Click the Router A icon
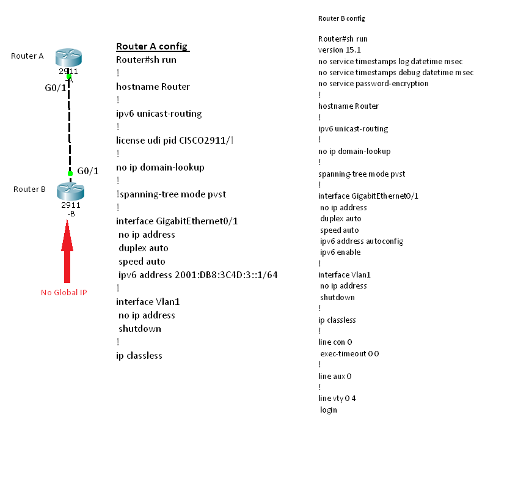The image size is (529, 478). point(68,57)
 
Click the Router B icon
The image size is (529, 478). point(70,191)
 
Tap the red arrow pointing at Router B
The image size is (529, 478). point(67,251)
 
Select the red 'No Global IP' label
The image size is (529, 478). point(64,292)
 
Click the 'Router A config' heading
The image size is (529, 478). point(152,46)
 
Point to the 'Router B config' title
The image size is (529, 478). point(341,18)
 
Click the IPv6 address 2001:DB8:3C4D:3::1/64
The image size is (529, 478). point(226,275)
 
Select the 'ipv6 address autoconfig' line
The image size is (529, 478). point(362,241)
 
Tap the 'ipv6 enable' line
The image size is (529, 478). point(340,252)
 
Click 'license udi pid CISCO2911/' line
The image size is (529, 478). point(175,141)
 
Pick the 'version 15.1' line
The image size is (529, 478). point(340,50)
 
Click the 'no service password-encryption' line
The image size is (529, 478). point(373,83)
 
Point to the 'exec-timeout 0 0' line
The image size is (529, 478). point(349,353)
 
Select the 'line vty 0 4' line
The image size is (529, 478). point(337,399)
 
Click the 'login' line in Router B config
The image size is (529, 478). point(329,410)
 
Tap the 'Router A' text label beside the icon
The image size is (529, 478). point(27,56)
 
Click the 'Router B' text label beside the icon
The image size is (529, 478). point(29,189)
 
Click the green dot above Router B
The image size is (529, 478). point(70,174)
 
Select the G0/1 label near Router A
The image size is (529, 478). point(56,88)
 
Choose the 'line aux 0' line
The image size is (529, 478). point(335,376)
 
